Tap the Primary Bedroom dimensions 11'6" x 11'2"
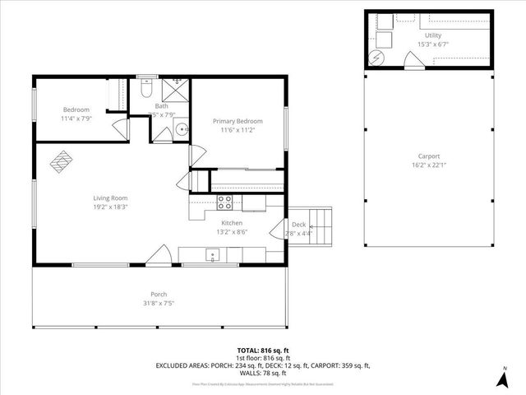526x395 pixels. pos(238,129)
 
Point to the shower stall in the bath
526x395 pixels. pos(176,86)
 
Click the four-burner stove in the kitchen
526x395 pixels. pos(224,201)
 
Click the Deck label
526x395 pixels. pos(298,225)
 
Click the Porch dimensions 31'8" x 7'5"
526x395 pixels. pos(159,303)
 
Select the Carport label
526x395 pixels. pos(428,156)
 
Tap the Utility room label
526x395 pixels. pos(433,36)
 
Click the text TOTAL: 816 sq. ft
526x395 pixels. pos(264,351)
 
